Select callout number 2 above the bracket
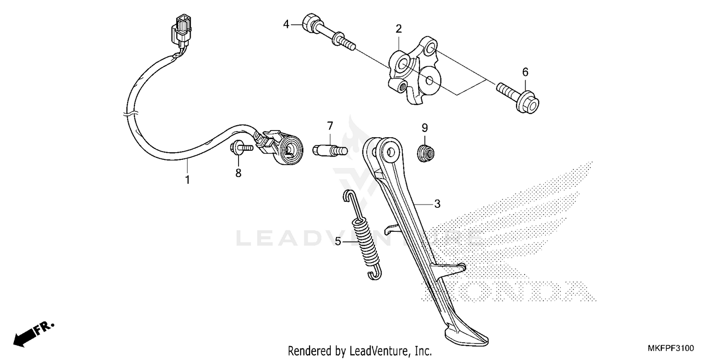[x=398, y=29]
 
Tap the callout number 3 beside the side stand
[x=437, y=204]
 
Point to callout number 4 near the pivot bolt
[x=286, y=24]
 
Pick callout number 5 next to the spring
[x=338, y=241]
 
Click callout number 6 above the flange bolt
[x=525, y=72]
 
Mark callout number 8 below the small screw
[x=238, y=173]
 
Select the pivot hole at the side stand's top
[x=390, y=151]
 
